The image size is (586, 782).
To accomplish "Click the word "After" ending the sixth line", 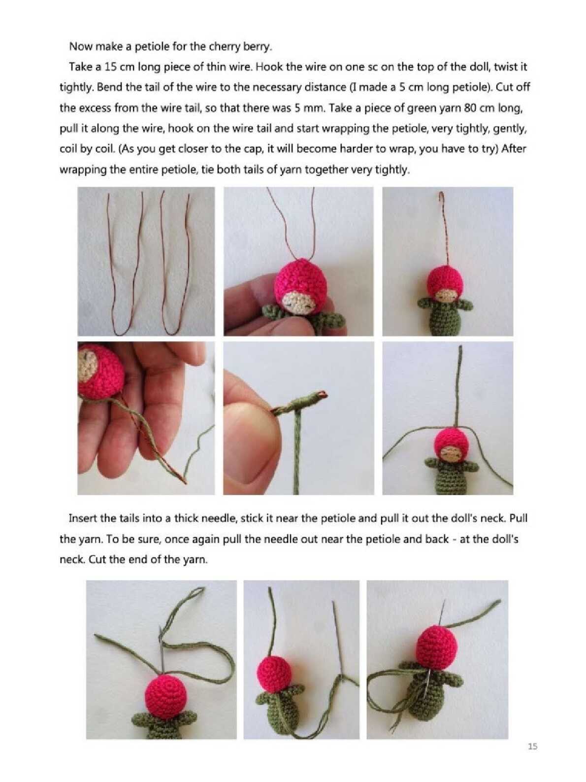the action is click(x=514, y=148).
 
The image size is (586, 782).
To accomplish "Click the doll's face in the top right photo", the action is click(x=447, y=296).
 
